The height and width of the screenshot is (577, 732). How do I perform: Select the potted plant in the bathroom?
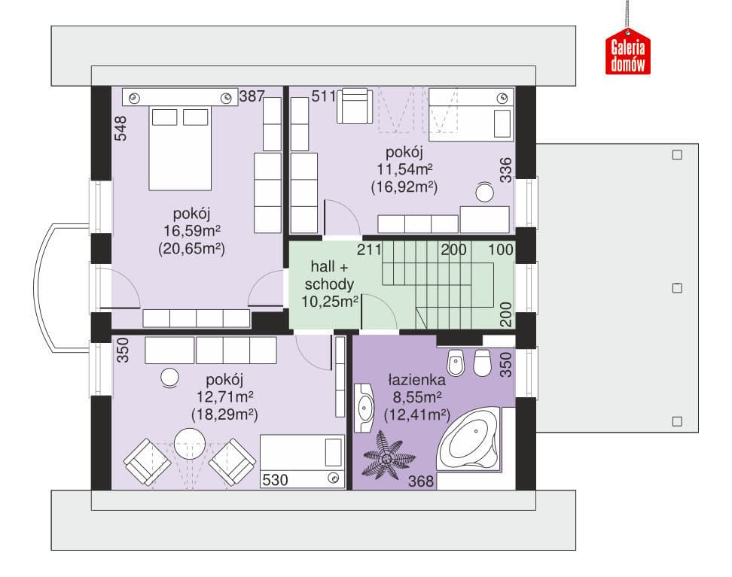pos(389,455)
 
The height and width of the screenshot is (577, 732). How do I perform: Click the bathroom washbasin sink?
pos(364,408)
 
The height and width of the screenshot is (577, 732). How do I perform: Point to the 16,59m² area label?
pos(192,231)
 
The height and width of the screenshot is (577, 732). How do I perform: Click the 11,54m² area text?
pos(404,169)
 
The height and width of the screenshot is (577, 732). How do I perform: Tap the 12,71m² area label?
pos(225,397)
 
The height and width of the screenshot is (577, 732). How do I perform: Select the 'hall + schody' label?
pos(330,275)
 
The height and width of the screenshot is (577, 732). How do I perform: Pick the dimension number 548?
pos(120,129)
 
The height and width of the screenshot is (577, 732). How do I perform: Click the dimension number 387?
pos(252,96)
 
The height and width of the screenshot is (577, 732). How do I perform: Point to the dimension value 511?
pos(324,96)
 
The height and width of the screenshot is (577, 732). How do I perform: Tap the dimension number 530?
pos(275,480)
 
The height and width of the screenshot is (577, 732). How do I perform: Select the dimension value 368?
pos(421,481)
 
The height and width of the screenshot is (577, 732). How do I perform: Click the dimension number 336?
pos(505,170)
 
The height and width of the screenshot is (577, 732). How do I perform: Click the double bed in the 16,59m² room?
pos(180,148)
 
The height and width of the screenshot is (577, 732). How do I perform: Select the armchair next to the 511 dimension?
pos(355,106)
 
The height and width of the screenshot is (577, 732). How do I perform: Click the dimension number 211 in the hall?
pos(369,250)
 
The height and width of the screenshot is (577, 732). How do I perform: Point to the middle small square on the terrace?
pos(677,288)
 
